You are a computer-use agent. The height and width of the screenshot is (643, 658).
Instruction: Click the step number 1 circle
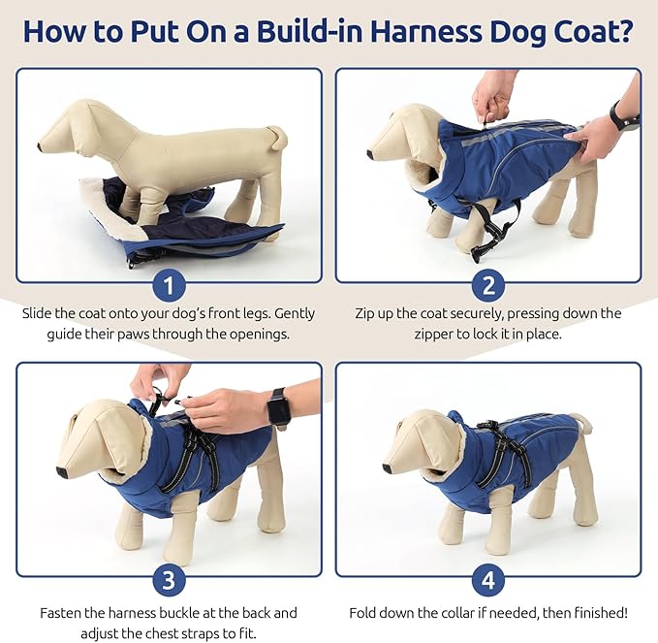click(170, 286)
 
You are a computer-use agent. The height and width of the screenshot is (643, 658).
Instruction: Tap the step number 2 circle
click(488, 286)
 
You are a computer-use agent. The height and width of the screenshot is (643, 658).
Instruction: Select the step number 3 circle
click(170, 581)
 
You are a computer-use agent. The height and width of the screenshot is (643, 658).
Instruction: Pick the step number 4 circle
click(488, 581)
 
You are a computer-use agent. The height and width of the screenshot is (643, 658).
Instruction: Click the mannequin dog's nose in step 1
click(42, 147)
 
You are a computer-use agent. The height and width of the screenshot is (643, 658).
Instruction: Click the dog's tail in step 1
click(279, 135)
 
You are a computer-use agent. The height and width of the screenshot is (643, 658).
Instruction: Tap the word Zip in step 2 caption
click(367, 314)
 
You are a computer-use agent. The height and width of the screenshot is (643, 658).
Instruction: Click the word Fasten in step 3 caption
click(61, 613)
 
